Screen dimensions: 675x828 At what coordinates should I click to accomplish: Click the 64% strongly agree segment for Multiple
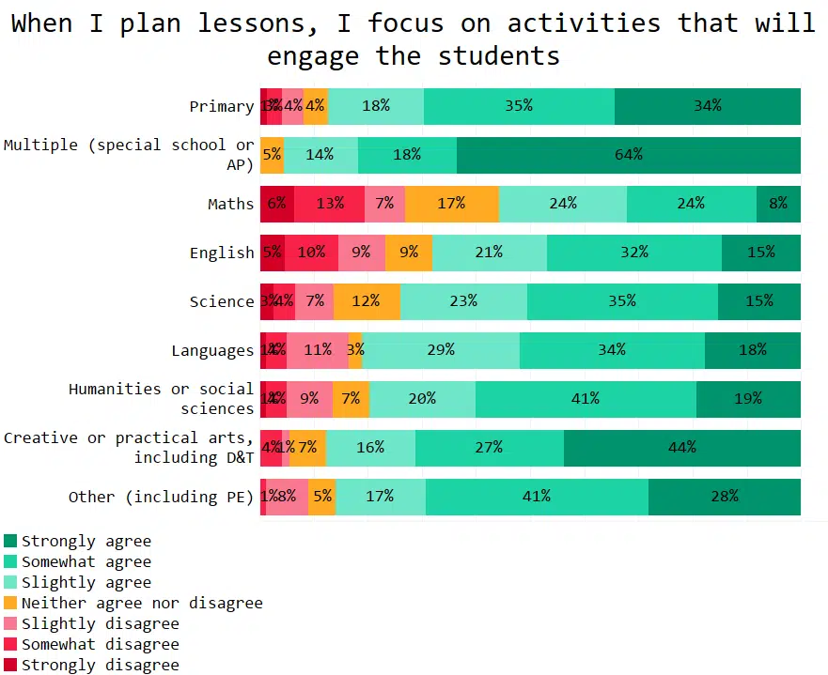tap(628, 155)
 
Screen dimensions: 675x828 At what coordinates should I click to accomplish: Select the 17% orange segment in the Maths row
tap(451, 204)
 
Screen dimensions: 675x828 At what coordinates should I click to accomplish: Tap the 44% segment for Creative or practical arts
tap(681, 448)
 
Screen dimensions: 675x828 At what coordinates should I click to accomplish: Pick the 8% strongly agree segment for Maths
tap(778, 204)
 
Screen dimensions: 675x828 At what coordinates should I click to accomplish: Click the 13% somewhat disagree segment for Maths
tap(330, 204)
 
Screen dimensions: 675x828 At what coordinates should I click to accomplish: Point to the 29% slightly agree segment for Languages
tap(440, 350)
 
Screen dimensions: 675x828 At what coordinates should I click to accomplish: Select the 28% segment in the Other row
tap(724, 497)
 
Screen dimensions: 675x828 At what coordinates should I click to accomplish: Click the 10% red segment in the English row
tap(311, 253)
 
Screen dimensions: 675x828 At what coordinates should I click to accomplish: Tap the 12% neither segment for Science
tap(366, 301)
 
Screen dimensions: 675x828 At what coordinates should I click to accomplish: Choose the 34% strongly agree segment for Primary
tap(707, 106)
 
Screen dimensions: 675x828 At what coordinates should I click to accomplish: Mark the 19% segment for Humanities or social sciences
tap(748, 399)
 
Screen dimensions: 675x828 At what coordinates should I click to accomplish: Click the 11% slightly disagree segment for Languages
tap(318, 350)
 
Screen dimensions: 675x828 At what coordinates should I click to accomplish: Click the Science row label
tap(222, 301)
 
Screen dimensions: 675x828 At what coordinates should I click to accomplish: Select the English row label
tap(222, 253)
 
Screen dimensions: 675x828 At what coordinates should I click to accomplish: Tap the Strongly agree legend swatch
tap(10, 541)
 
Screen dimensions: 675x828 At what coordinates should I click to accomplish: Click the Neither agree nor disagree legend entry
tap(142, 603)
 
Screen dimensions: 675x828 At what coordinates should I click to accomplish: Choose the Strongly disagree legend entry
tap(100, 665)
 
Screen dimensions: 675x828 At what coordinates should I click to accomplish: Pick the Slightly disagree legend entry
tap(100, 623)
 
